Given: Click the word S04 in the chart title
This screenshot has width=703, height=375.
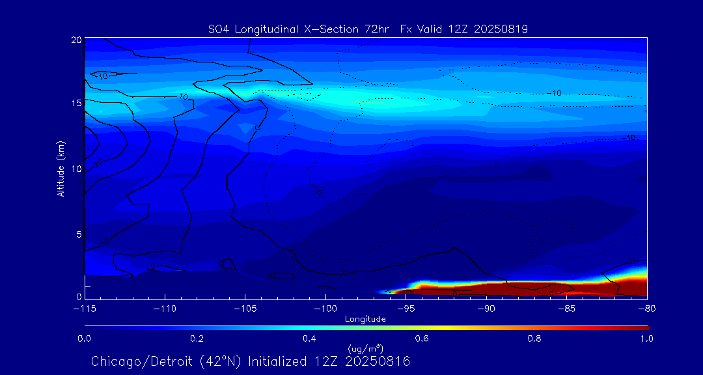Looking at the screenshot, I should click(219, 29).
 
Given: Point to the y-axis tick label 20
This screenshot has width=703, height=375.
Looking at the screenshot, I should click(76, 40).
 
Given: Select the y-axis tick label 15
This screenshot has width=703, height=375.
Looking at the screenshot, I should click(76, 104).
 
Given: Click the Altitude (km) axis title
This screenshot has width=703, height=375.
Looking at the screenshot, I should click(61, 168).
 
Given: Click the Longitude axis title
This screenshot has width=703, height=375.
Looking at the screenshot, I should click(365, 319).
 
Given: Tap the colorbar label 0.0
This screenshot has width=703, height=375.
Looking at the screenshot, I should click(84, 339).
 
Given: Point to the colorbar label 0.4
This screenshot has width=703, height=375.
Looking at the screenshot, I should click(309, 339).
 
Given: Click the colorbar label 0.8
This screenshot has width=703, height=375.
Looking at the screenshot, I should click(534, 339).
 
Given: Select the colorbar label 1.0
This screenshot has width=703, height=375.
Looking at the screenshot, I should click(647, 339).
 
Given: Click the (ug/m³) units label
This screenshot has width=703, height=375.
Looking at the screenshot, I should click(365, 349).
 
